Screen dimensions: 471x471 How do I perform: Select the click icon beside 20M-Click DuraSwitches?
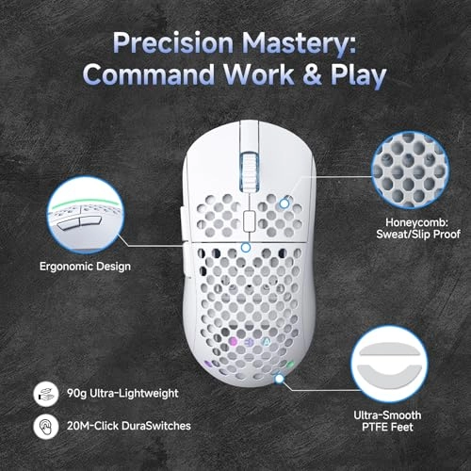[x=42, y=427]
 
